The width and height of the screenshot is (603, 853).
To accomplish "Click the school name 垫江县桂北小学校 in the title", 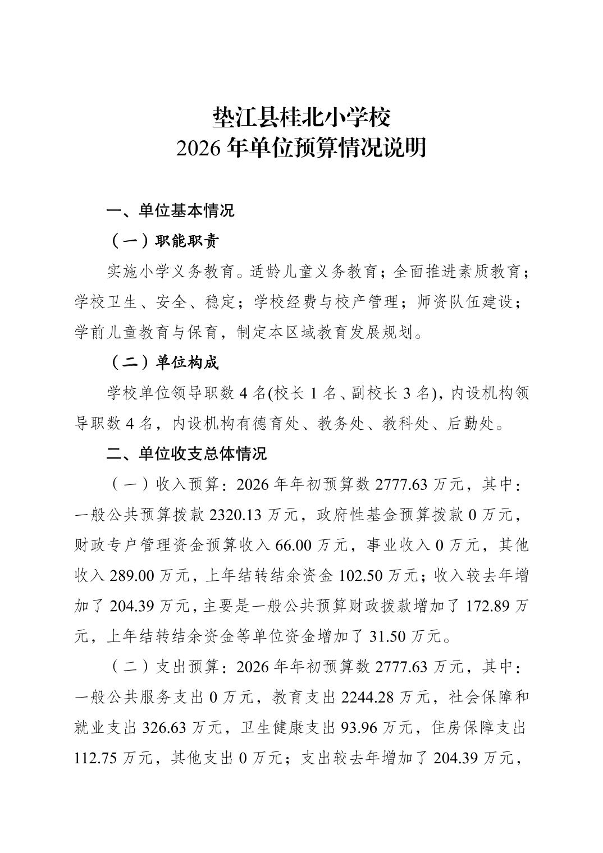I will tap(301, 117).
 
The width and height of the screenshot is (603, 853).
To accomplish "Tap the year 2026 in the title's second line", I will tap(199, 148).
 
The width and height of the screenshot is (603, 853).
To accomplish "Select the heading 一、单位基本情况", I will tap(170, 211).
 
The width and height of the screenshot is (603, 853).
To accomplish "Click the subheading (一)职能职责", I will tap(163, 241).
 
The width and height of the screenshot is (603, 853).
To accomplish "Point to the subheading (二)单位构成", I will tap(163, 363).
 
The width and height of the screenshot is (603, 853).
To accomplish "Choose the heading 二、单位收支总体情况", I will tap(186, 453).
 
